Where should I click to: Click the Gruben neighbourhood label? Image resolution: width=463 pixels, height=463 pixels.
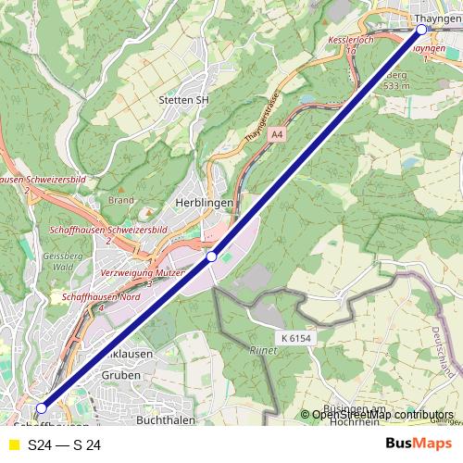pyautogui.click(x=121, y=375)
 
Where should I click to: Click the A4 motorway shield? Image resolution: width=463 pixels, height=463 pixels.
pyautogui.click(x=276, y=134)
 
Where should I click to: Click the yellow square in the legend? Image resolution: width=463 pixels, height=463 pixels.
pyautogui.click(x=13, y=444)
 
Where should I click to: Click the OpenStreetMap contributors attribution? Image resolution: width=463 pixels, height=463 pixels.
pyautogui.click(x=382, y=414)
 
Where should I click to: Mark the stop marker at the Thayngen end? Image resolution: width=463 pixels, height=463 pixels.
pyautogui.click(x=422, y=30)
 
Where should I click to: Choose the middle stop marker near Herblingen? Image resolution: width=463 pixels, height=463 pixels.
pyautogui.click(x=212, y=257)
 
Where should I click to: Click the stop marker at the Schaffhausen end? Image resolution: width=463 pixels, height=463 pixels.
pyautogui.click(x=41, y=407)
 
